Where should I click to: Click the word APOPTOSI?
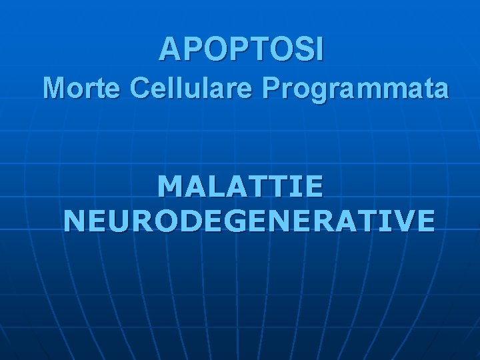pos(242,49)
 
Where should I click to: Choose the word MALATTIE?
pos(241,186)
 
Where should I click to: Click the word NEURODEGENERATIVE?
pos(249,219)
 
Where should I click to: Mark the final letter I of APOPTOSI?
pos(319,49)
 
